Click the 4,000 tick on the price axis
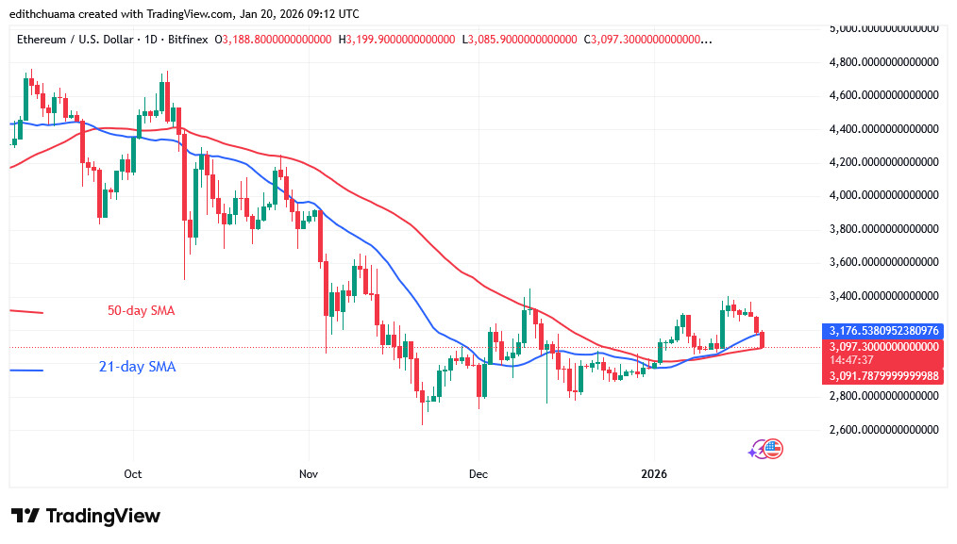point(883,195)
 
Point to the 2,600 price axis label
point(883,429)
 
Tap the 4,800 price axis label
point(883,62)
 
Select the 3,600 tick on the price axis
point(883,262)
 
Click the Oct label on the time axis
point(133,473)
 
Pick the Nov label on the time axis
point(307,473)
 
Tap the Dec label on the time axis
point(478,473)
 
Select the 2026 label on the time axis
point(653,473)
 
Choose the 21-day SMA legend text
point(137,367)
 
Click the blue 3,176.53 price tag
point(883,331)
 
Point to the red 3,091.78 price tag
point(883,375)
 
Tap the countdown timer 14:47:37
point(853,360)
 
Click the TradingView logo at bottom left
point(86,516)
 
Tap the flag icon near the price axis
point(772,450)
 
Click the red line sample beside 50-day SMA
point(26,311)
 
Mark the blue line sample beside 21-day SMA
point(26,370)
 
